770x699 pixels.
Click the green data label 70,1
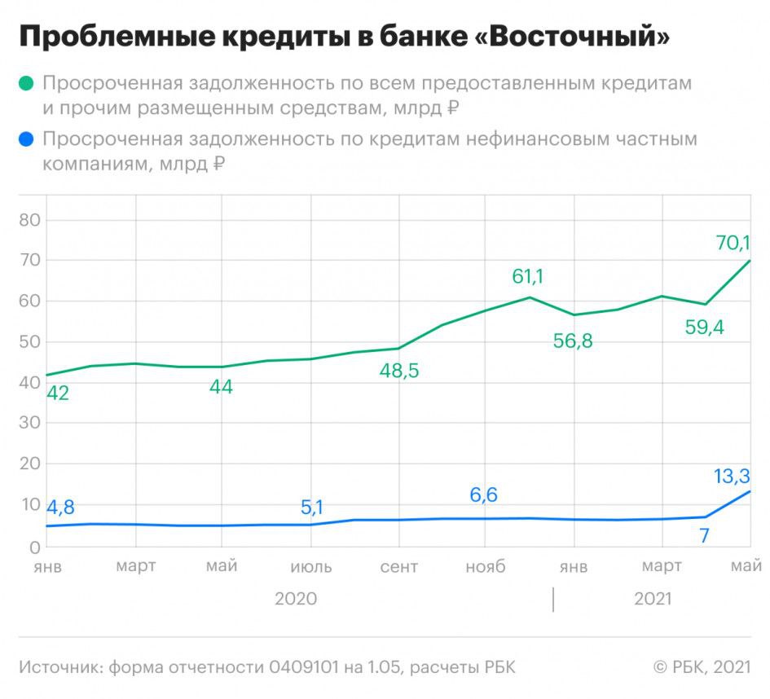733,242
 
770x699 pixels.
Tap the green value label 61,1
527,276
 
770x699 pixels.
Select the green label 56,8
573,341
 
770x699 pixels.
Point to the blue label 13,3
732,476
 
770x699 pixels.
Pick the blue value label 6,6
483,495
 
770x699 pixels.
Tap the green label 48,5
399,371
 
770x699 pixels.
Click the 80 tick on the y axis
30,220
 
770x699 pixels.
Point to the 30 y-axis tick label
30,424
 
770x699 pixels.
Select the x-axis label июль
310,567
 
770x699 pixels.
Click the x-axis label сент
399,567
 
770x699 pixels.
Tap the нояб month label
485,567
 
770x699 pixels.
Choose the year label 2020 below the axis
295,599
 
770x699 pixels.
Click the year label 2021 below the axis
652,599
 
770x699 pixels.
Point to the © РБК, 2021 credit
701,667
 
